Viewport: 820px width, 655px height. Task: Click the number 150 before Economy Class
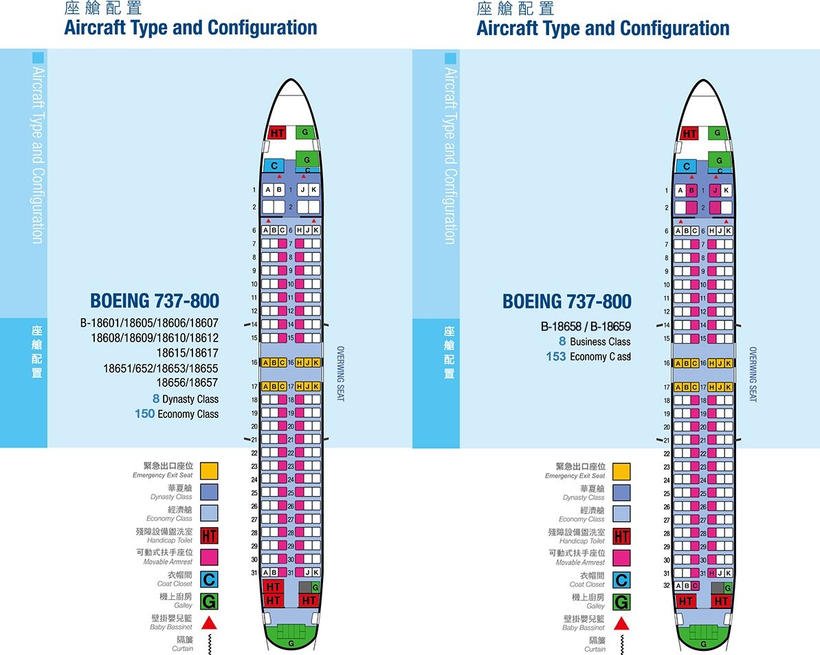click(x=144, y=414)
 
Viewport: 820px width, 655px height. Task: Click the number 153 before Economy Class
click(x=556, y=357)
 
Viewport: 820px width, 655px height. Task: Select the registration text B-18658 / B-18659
click(x=586, y=326)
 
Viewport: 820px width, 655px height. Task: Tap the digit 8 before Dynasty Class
click(x=156, y=399)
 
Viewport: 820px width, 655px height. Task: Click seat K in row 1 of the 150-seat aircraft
click(x=314, y=190)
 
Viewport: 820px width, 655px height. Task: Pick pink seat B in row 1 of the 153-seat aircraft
click(x=691, y=190)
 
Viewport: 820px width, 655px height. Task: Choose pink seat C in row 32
click(x=695, y=586)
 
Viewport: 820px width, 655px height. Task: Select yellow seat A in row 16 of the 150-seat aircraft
click(x=265, y=362)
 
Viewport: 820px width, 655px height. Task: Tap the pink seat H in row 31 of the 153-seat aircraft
click(x=711, y=573)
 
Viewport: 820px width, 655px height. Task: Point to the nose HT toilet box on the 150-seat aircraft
click(x=277, y=133)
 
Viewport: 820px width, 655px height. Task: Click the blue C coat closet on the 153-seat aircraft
click(x=686, y=166)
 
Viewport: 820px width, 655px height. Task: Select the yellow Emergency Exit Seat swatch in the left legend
click(x=209, y=471)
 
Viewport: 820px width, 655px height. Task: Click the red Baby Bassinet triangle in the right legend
click(x=621, y=623)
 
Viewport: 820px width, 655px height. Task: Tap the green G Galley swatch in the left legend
click(x=209, y=602)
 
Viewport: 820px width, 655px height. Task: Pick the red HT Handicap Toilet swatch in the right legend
click(x=621, y=536)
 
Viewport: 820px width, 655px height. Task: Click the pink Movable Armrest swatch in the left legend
click(x=209, y=557)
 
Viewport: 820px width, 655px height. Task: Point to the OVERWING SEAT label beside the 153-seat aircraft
click(x=752, y=374)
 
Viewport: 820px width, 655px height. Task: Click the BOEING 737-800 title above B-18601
click(x=155, y=301)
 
